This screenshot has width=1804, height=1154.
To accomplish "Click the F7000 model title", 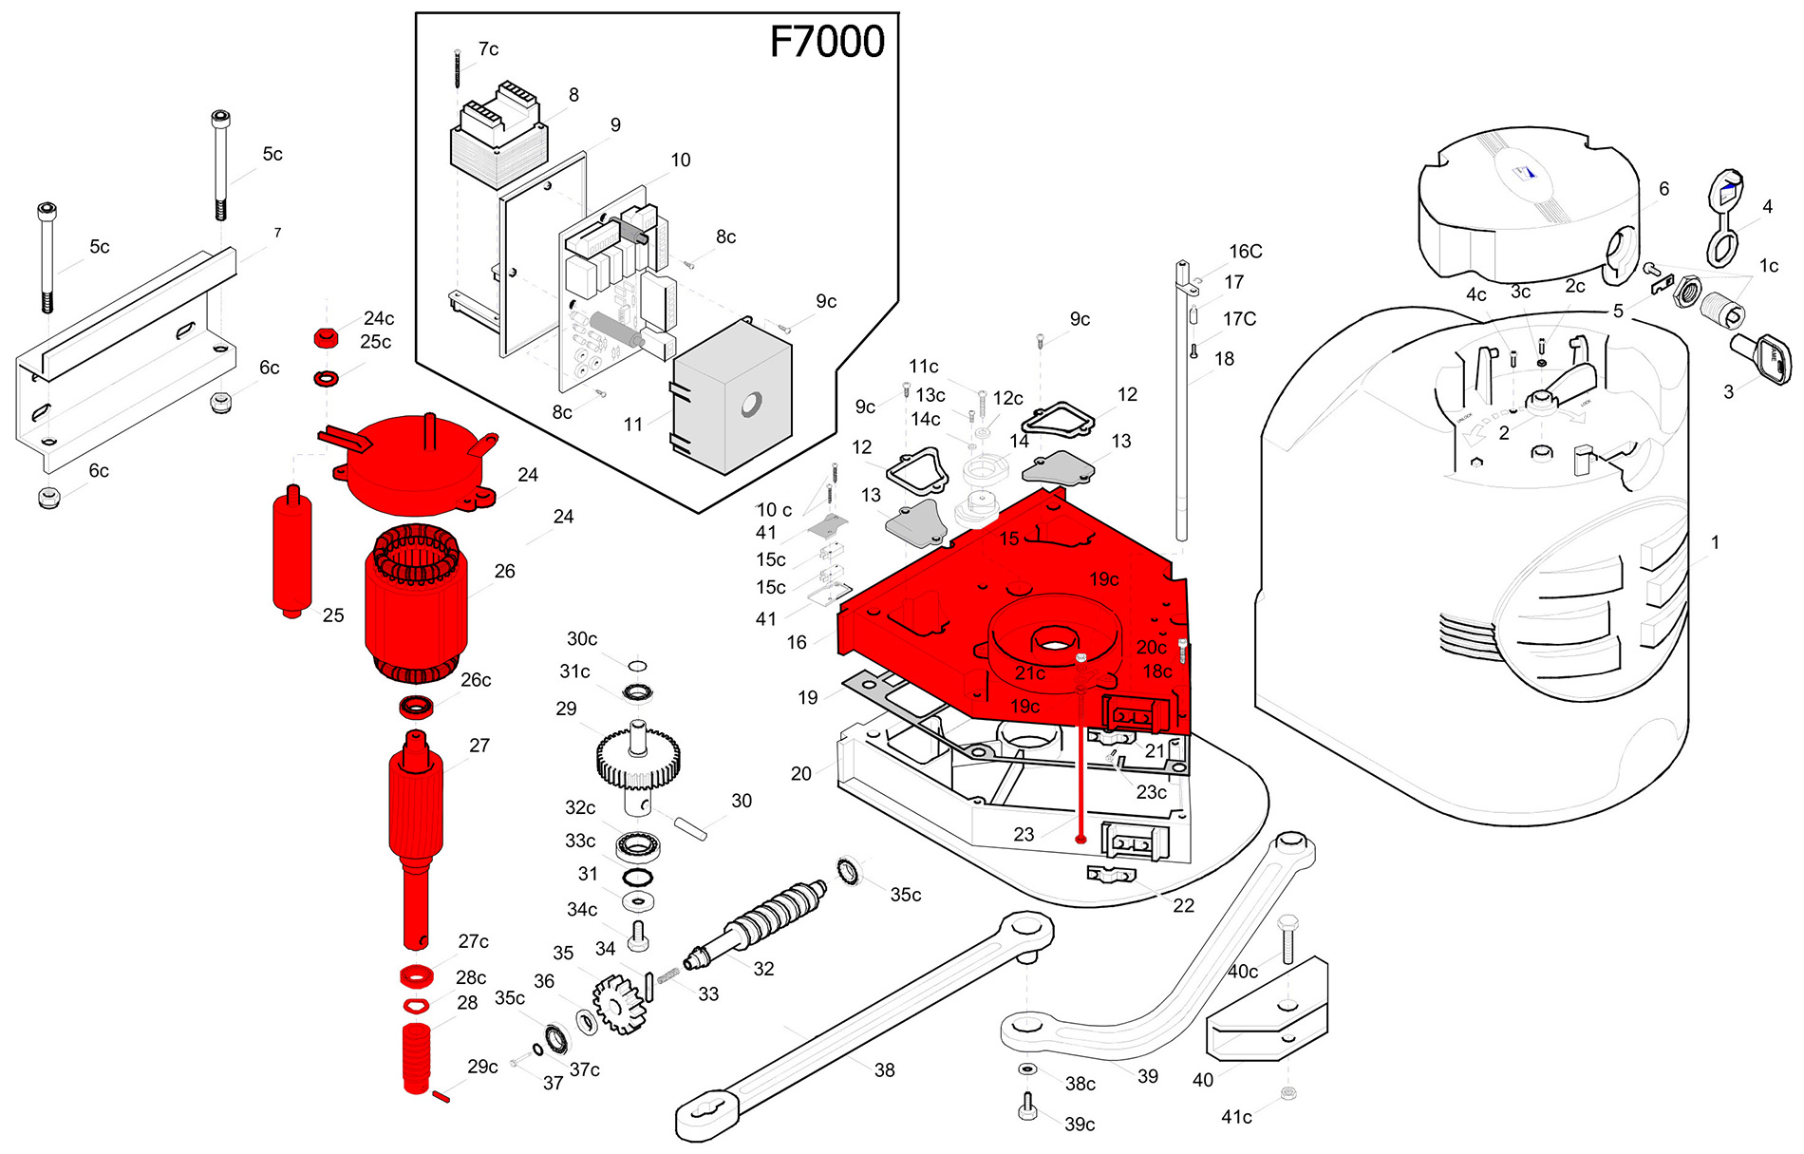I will click(x=826, y=42).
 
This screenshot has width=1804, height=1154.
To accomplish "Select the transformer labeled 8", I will click(x=498, y=138).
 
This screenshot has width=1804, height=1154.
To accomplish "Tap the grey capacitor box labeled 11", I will click(x=731, y=399).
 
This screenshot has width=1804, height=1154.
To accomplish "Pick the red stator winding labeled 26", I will click(x=415, y=608).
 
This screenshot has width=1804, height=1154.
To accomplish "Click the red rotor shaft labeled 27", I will click(x=415, y=826).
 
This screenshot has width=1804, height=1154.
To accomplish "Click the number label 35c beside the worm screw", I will click(x=905, y=895).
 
